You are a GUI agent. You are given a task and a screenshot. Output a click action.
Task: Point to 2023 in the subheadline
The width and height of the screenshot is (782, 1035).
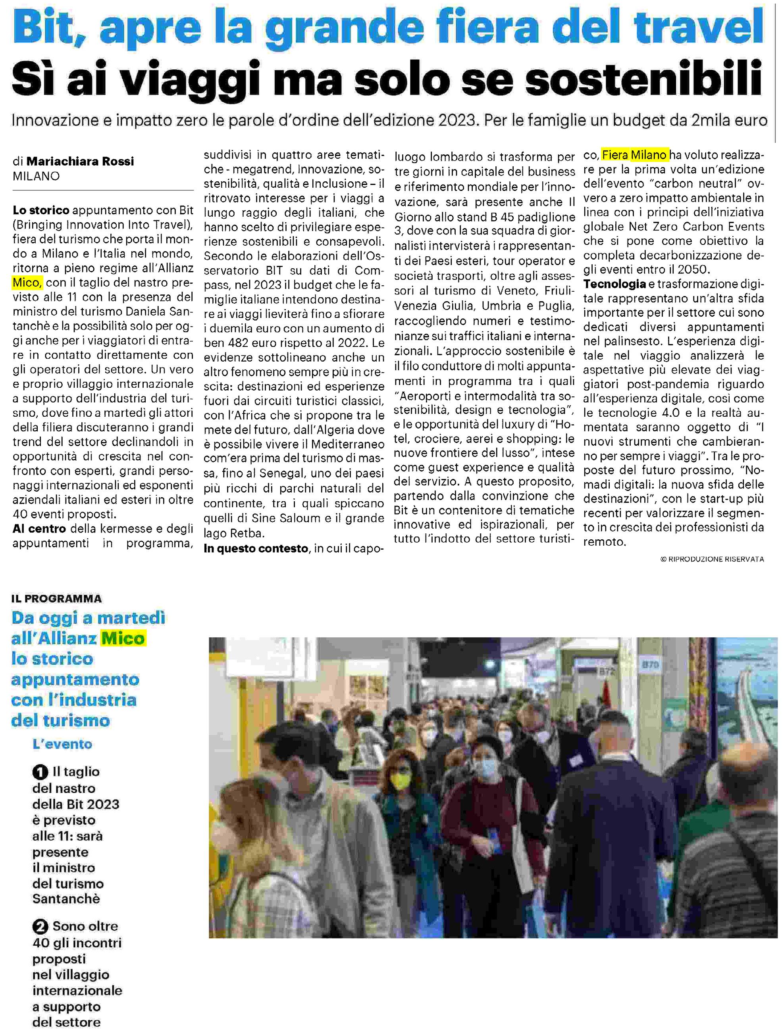[458, 121]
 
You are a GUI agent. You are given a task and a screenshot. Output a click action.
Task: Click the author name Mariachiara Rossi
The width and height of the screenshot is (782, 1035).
[80, 162]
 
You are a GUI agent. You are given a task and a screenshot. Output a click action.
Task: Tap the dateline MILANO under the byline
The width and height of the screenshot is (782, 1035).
[36, 176]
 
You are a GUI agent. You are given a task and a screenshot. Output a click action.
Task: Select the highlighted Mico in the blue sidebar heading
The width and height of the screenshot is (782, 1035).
[123, 638]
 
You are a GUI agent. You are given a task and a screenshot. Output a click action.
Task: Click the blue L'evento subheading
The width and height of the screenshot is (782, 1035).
[62, 745]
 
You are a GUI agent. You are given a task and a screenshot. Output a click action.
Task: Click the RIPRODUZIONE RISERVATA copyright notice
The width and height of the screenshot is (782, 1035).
[712, 559]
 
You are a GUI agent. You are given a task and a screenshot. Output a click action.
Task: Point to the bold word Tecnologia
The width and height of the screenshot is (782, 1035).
[614, 284]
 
